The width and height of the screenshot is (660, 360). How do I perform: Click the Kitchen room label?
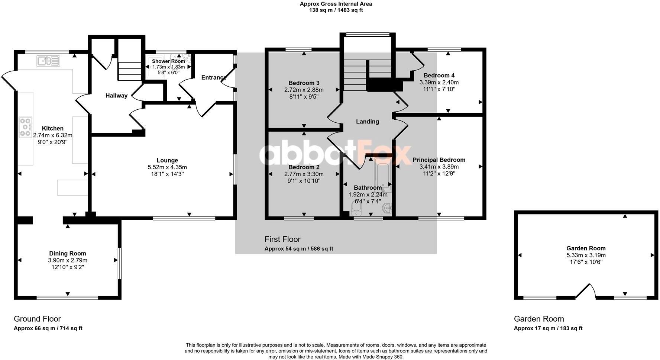[x=52, y=128]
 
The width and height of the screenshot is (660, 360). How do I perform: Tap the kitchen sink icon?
[x=48, y=61]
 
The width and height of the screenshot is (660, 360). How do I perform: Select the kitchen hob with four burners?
[x=25, y=127]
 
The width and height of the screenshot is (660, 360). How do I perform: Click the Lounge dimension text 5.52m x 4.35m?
[x=167, y=167]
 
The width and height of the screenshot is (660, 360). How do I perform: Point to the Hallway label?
[x=116, y=96]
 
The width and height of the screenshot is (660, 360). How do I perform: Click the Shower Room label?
[x=168, y=61]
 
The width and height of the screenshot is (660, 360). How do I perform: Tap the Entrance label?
[x=214, y=77]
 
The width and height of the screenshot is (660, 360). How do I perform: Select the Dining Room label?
[x=68, y=254]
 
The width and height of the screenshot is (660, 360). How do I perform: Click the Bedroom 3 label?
[x=304, y=83]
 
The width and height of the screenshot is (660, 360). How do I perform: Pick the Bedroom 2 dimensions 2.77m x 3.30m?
[x=304, y=174]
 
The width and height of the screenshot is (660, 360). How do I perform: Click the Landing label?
[x=368, y=122]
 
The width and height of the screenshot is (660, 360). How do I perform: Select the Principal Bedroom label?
[x=439, y=160]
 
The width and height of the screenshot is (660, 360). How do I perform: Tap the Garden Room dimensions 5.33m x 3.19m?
[x=586, y=255]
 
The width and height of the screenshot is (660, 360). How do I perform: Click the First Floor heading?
[x=282, y=239]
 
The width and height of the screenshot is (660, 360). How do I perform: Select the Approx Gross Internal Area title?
[x=336, y=4]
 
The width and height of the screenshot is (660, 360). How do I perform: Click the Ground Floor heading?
[x=37, y=319]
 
